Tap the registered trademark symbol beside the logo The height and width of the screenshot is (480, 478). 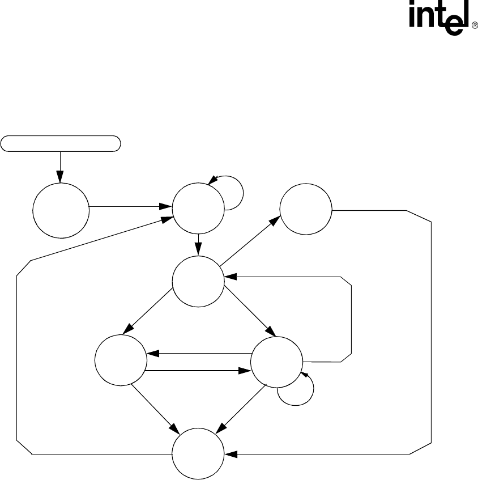(x=475, y=26)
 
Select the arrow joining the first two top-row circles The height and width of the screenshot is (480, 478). (x=131, y=208)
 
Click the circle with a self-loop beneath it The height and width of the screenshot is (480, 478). (x=277, y=361)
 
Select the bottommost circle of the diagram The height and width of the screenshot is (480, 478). (x=198, y=454)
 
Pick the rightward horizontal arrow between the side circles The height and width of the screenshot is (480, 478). (x=198, y=372)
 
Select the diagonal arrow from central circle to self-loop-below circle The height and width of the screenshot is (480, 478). (x=249, y=312)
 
